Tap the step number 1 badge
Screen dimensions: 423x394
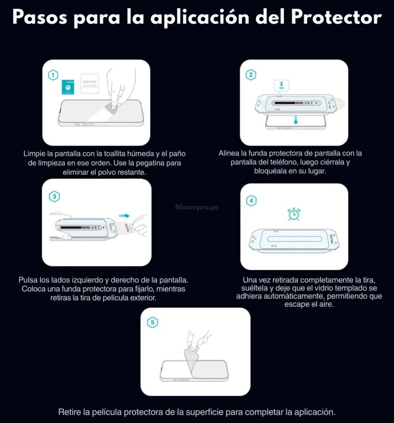point(53,75)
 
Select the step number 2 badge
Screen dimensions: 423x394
point(251,75)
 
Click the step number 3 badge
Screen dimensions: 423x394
point(54,196)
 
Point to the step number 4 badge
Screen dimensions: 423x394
point(251,201)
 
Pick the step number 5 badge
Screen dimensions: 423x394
point(153,323)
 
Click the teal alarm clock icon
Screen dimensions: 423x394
point(294,214)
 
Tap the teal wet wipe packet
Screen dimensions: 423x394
point(68,87)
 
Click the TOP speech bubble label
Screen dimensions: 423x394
point(282,85)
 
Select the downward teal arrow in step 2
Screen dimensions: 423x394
point(296,120)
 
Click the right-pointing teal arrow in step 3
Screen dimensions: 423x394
point(125,216)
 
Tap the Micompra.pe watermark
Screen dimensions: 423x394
point(197,207)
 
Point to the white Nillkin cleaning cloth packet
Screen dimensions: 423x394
point(89,84)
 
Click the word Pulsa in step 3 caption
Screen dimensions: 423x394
point(28,280)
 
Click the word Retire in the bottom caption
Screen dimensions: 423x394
point(70,412)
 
